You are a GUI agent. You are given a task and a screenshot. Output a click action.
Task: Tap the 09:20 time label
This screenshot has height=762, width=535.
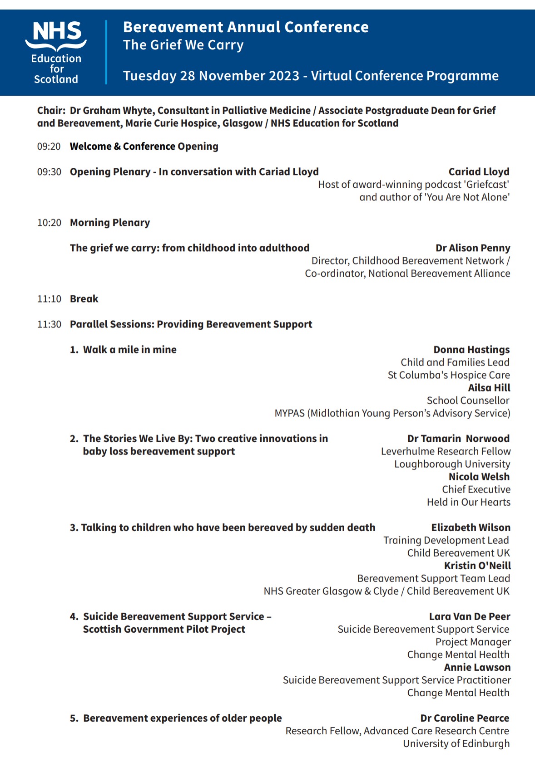pyautogui.click(x=49, y=147)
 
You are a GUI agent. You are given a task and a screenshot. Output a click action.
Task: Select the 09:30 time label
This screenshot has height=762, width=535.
pyautogui.click(x=49, y=172)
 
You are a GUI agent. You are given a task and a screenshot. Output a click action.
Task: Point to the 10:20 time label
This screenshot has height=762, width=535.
pyautogui.click(x=49, y=223)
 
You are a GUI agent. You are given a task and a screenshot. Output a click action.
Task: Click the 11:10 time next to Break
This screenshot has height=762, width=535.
pyautogui.click(x=49, y=299)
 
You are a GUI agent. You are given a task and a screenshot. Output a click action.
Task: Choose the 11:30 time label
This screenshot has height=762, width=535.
pyautogui.click(x=49, y=324)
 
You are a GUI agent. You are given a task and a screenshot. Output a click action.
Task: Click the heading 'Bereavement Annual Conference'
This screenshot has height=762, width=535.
pyautogui.click(x=246, y=27)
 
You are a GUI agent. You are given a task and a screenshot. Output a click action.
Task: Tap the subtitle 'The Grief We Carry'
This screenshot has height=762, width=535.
pyautogui.click(x=183, y=45)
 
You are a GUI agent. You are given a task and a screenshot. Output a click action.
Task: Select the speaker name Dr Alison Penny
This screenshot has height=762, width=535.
pyautogui.click(x=473, y=248)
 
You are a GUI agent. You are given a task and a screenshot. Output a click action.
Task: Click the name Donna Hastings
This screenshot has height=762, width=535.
pyautogui.click(x=471, y=350)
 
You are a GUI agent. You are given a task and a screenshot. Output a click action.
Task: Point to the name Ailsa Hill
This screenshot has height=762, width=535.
pyautogui.click(x=489, y=388)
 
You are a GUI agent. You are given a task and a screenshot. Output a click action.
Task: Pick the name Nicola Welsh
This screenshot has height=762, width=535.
pyautogui.click(x=479, y=477)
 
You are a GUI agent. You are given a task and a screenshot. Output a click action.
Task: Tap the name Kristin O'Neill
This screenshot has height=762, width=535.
pyautogui.click(x=477, y=566)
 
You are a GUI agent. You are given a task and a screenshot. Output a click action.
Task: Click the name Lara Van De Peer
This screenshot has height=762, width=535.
pyautogui.click(x=470, y=616)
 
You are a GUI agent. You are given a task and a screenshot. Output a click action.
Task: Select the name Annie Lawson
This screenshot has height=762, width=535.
pyautogui.click(x=477, y=667)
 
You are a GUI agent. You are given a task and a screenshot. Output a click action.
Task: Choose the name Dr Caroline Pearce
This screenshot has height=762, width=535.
pyautogui.click(x=465, y=718)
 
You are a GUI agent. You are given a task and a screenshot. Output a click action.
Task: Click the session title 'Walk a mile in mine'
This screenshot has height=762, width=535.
pyautogui.click(x=129, y=350)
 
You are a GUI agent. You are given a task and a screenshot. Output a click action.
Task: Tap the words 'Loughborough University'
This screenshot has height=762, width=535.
pyautogui.click(x=452, y=464)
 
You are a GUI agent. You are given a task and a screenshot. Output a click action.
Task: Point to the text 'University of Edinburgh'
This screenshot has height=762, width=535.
pyautogui.click(x=456, y=743)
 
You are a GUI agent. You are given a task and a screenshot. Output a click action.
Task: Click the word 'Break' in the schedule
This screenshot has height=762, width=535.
pyautogui.click(x=84, y=299)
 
